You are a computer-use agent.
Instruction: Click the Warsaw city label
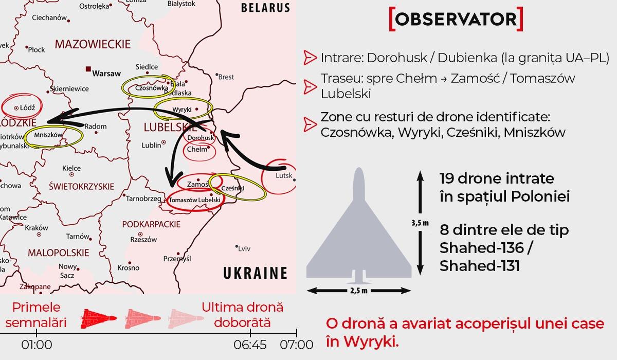tap(106, 74)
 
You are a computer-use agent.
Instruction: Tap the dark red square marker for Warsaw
tap(88, 68)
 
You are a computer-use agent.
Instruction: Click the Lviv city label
tap(244, 249)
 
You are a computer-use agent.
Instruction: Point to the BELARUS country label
tap(265, 8)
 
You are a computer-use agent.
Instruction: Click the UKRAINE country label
tap(255, 273)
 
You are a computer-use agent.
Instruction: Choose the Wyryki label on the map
tap(182, 110)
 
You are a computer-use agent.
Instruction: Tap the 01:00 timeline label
tap(37, 345)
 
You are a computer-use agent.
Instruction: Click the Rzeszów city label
tap(143, 240)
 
